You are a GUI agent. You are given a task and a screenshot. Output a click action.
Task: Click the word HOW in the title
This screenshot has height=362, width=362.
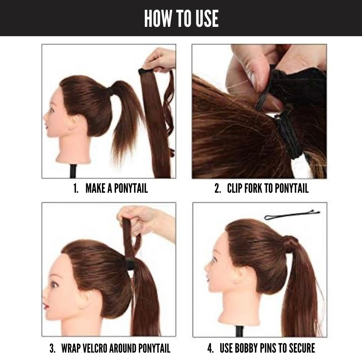tap(158, 18)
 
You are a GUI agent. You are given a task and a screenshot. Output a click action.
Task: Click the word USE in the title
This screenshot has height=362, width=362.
tap(207, 18)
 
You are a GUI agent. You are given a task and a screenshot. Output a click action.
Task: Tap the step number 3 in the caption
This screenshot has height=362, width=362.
tap(52, 348)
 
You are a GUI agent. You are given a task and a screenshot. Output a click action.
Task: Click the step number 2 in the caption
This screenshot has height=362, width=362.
tap(217, 188)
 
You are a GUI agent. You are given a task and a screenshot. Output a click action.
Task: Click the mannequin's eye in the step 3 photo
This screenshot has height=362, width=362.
tap(54, 285)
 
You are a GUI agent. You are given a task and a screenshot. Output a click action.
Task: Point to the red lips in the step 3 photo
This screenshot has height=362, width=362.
tap(46, 306)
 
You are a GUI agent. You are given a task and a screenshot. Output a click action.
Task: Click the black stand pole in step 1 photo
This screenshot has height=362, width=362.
tap(73, 171)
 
